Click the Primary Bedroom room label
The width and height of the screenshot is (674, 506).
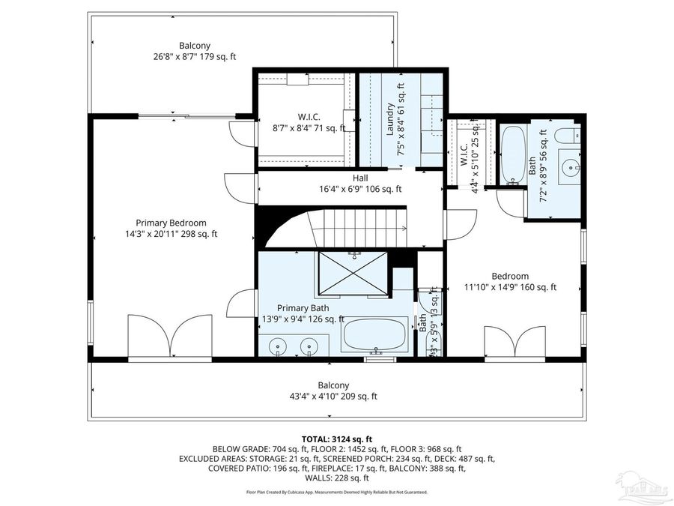coord(171,223)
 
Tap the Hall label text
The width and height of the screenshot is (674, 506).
coord(360,178)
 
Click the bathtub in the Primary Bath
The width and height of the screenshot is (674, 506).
coord(375,334)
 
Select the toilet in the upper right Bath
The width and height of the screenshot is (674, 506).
coord(571,136)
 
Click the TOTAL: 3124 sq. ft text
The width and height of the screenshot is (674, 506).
coord(336,439)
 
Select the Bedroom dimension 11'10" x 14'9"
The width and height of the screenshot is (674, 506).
coord(510,286)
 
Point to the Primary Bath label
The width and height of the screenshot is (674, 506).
coord(299,308)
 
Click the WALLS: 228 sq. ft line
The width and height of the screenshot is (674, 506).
coord(336,478)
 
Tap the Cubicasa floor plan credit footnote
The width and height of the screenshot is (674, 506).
coord(336,493)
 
